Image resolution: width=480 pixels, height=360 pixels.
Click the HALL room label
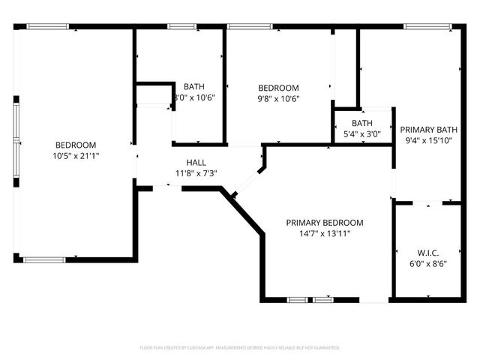pos(196,162)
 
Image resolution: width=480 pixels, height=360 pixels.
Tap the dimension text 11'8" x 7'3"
pos(196,173)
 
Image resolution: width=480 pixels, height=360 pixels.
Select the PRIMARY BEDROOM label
pos(325,223)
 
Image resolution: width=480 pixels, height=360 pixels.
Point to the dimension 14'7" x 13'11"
pos(325,234)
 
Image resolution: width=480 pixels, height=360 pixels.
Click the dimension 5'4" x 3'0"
pos(362,135)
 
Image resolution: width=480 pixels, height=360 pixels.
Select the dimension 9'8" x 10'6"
pos(278,98)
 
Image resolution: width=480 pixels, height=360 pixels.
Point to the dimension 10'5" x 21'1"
pos(76,156)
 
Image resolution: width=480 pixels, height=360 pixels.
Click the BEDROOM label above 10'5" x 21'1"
pos(76,145)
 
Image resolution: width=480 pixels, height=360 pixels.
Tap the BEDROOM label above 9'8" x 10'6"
pos(278,87)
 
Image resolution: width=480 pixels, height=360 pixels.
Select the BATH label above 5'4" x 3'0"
pos(362,124)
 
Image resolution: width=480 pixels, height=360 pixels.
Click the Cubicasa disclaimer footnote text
pos(240,348)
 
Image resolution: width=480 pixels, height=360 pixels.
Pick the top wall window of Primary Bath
pos(426,27)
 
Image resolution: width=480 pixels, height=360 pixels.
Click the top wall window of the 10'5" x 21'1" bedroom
pos(49,27)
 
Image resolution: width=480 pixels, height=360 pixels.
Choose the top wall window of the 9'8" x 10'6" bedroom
pos(249,27)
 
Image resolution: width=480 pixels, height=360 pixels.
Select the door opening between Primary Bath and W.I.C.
pos(428,202)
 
